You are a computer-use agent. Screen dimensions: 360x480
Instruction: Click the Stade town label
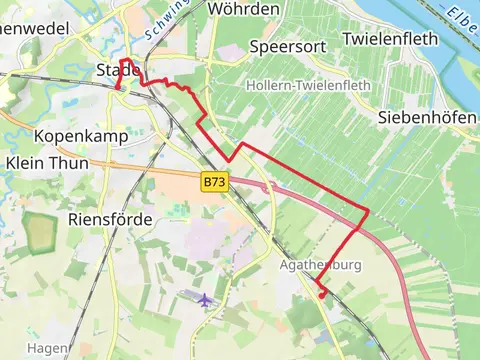click(x=116, y=70)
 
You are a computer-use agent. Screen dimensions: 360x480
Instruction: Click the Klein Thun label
click(x=46, y=162)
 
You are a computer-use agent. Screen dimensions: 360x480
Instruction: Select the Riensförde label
click(x=110, y=218)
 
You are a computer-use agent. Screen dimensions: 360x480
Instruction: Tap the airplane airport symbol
click(x=206, y=299)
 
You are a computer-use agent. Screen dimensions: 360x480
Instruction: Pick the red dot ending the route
click(x=321, y=294)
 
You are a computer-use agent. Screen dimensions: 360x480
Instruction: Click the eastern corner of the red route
click(x=368, y=211)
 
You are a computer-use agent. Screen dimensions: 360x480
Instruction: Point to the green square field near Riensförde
click(x=40, y=234)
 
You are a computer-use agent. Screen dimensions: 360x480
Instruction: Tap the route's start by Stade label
click(x=119, y=89)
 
